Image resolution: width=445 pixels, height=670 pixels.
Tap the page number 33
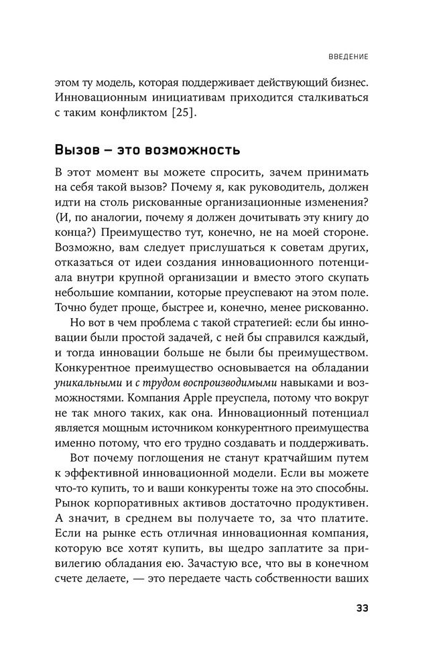[360, 608]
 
